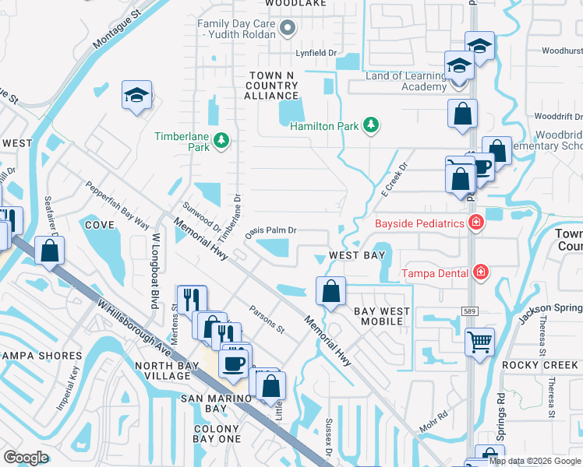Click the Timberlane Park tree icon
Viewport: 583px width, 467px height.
pos(222,140)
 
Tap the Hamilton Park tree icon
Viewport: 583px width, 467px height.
pos(372,125)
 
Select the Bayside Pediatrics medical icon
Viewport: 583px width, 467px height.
pos(475,224)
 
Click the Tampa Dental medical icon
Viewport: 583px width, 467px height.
pos(482,272)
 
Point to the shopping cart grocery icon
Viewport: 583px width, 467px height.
pos(479,340)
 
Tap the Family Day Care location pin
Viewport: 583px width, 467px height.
pos(288,30)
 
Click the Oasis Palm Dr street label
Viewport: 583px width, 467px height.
pos(271,230)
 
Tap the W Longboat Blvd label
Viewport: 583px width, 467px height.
pos(156,260)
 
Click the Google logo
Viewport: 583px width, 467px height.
pos(26,458)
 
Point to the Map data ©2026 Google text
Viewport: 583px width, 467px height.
pos(535,461)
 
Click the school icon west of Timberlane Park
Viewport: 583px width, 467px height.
pos(137,96)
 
